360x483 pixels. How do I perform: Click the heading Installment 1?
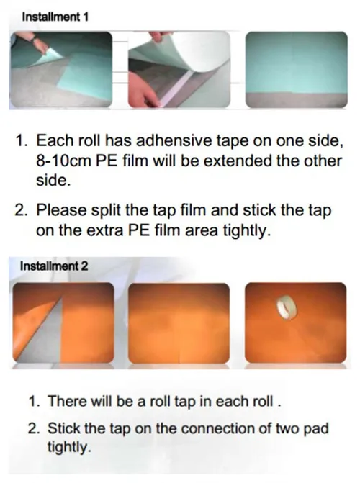[x=55, y=17]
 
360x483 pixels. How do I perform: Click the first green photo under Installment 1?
[x=61, y=68]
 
